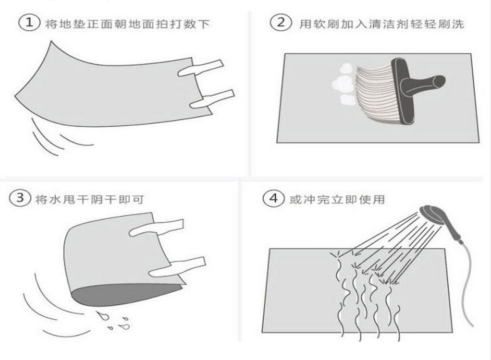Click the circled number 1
point(29,23)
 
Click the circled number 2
point(281,23)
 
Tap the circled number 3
point(20,198)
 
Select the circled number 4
point(273,198)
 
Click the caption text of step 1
point(127,24)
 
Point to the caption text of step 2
point(381,24)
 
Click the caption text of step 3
point(89,199)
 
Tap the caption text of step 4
point(337,199)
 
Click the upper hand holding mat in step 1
point(200,68)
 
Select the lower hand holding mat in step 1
point(212,99)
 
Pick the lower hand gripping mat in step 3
point(177,267)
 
